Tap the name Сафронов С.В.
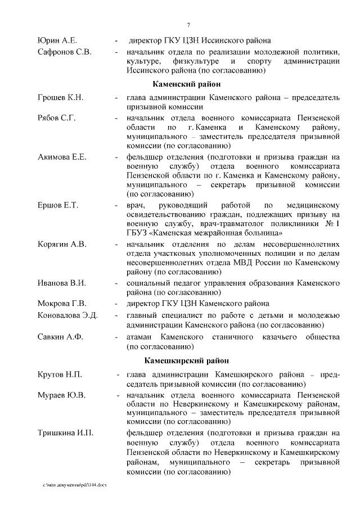[64, 52]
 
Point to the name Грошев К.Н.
[60, 98]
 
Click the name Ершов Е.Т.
[57, 205]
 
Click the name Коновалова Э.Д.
[67, 315]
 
